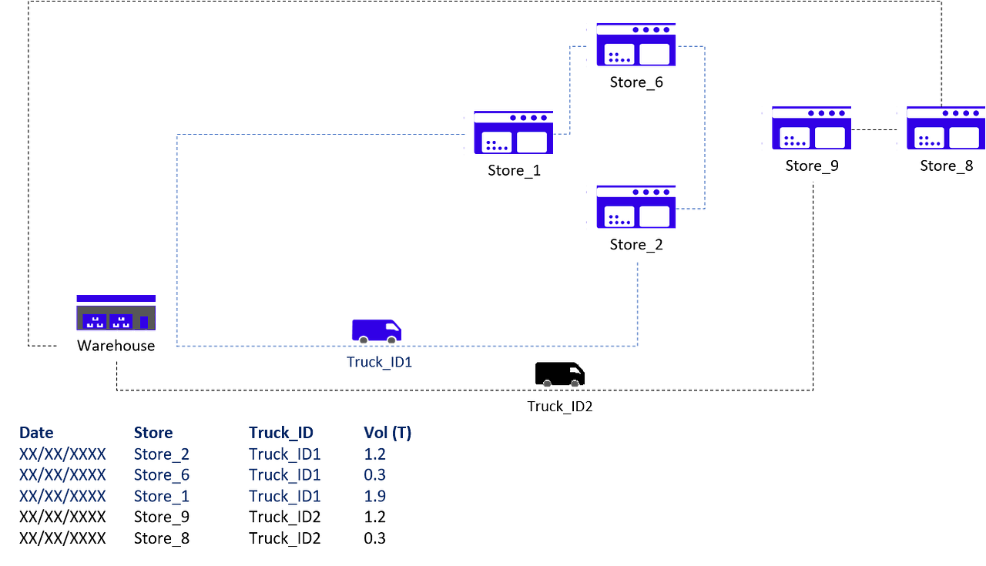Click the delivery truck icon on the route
pos(376,330)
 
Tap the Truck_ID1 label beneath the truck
pos(379,362)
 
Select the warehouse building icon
pos(116,313)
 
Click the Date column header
pos(36,433)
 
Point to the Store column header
pos(153,433)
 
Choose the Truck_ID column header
pos(280,433)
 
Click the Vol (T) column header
pos(387,433)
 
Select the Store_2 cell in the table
pos(162,454)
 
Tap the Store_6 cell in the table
pos(162,475)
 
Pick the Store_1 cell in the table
pos(162,497)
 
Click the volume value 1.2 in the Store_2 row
pos(374,454)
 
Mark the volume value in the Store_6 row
pos(374,475)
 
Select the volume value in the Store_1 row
pos(374,497)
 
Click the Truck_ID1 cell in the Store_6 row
pos(284,475)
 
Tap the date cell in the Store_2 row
pos(62,454)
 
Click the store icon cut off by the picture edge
pos(945,128)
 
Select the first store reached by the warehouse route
pos(513,132)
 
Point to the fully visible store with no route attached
pos(811,128)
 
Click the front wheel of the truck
pos(392,340)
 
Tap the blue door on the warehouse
pos(143,323)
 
